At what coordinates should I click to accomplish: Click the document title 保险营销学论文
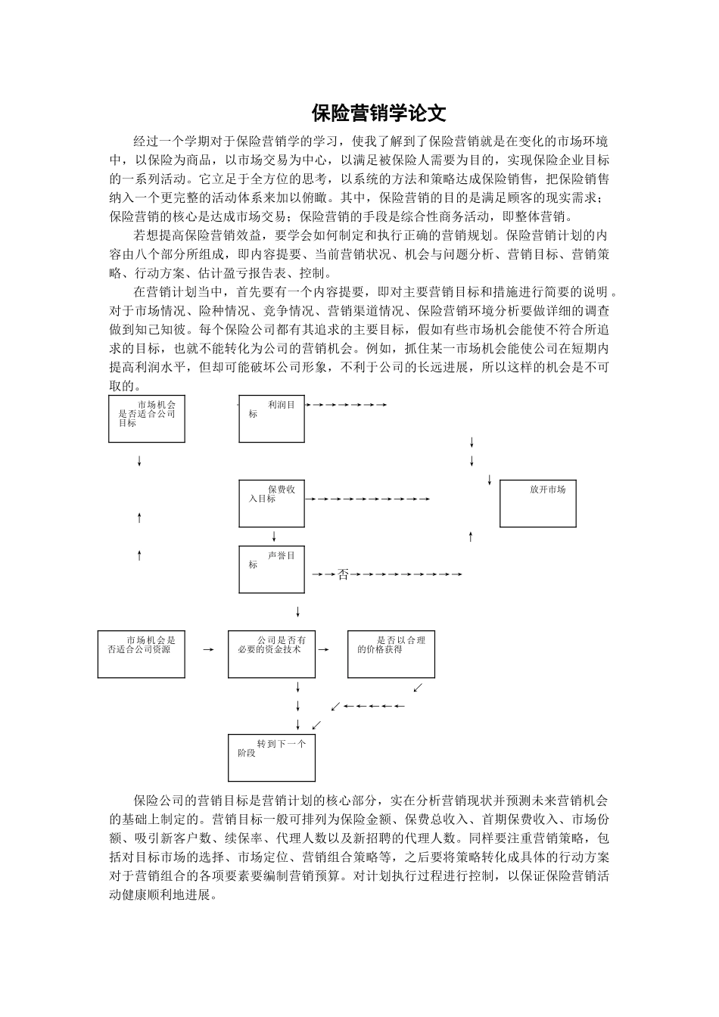coord(379,114)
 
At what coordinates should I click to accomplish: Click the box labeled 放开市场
coord(538,502)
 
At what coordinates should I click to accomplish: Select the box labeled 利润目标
coord(272,418)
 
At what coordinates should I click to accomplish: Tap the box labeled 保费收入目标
coord(272,503)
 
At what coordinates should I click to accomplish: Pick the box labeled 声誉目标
coord(272,569)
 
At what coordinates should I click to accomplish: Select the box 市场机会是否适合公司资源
coord(142,654)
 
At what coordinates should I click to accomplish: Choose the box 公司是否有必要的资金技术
coord(272,654)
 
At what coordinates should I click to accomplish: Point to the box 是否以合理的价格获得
coord(391,654)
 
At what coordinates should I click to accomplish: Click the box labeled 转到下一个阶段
coord(272,757)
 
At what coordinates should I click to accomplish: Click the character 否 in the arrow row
coord(343,574)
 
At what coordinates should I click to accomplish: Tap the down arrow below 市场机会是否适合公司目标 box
coord(139,461)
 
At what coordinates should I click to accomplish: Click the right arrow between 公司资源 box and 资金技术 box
coord(207,649)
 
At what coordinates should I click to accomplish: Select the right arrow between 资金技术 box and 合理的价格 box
coord(324,649)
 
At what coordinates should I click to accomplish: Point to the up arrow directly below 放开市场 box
coord(471,536)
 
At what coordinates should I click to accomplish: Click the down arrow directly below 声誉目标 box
coord(298,611)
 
